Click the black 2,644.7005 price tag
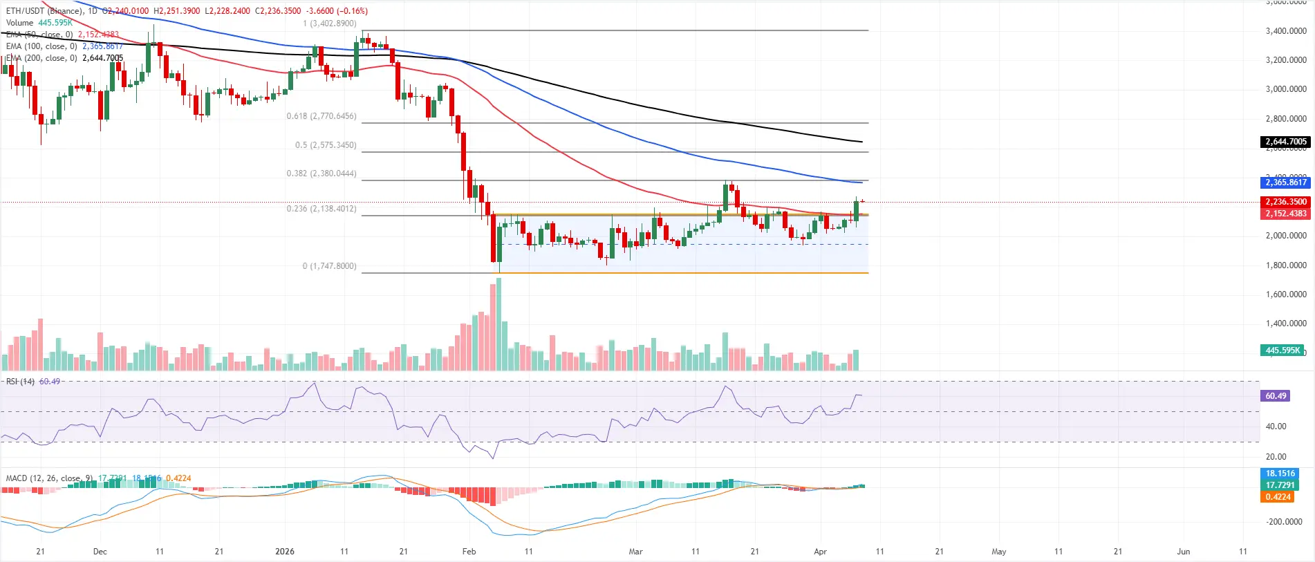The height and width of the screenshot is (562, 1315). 1285,142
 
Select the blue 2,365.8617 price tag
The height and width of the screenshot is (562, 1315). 1285,182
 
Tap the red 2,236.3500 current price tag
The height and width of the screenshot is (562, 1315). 1285,202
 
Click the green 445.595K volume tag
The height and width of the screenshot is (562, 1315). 1283,350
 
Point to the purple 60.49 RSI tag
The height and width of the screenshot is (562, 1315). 1276,396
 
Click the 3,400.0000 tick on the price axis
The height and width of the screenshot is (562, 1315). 1285,31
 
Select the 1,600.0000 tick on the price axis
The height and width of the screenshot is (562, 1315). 1285,294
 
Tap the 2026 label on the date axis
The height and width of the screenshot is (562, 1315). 284,552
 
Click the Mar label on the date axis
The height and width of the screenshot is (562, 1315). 635,552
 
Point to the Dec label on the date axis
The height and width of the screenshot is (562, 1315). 100,552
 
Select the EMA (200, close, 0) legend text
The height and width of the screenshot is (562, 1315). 41,58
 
